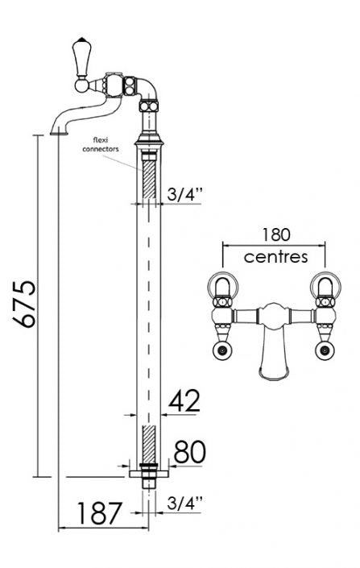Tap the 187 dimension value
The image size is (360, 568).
tap(100, 512)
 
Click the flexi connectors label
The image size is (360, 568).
tap(105, 145)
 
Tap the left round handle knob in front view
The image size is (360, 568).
tap(222, 349)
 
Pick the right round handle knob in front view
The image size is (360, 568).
tap(325, 349)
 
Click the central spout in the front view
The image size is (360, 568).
tap(274, 354)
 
